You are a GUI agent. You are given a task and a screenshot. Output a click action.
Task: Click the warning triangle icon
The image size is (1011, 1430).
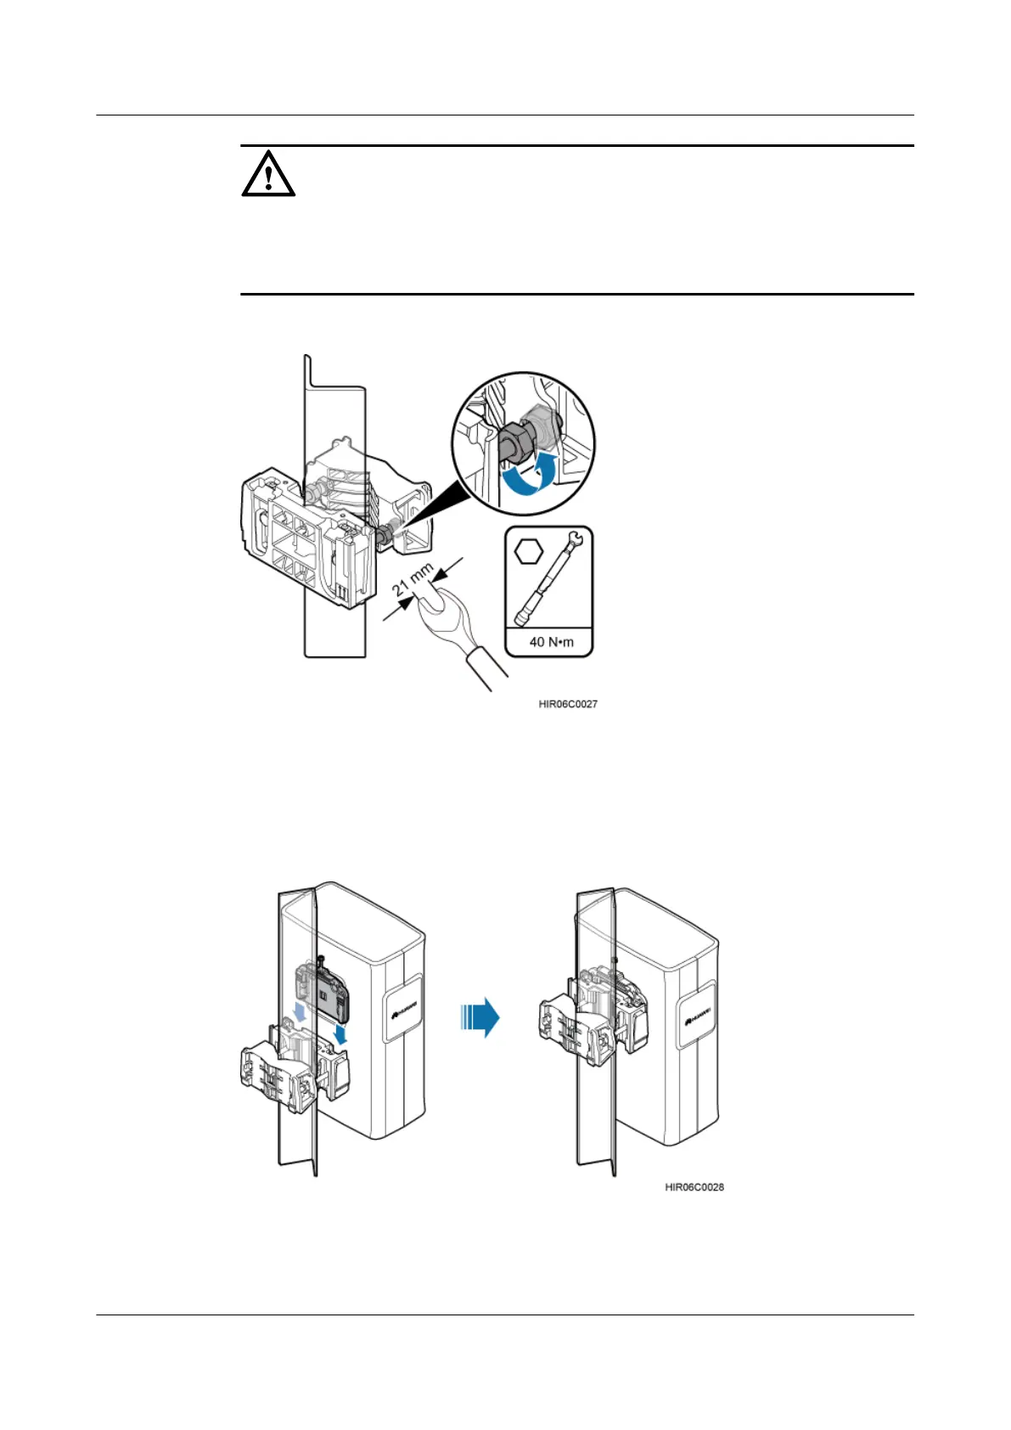268,174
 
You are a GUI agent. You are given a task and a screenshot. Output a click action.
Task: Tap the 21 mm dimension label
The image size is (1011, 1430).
413,583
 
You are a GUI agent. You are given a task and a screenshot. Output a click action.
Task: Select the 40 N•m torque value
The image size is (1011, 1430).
551,641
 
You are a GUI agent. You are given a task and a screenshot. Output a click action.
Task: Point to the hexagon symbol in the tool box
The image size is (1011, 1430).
528,551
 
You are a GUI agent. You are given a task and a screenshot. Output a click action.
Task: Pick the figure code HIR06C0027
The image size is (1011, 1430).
568,704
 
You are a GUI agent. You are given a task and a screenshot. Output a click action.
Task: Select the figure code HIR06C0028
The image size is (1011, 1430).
694,1186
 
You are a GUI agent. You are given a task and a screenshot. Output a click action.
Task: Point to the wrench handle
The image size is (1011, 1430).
484,667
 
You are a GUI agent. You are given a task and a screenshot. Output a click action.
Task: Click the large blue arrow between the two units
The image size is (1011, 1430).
480,1016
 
